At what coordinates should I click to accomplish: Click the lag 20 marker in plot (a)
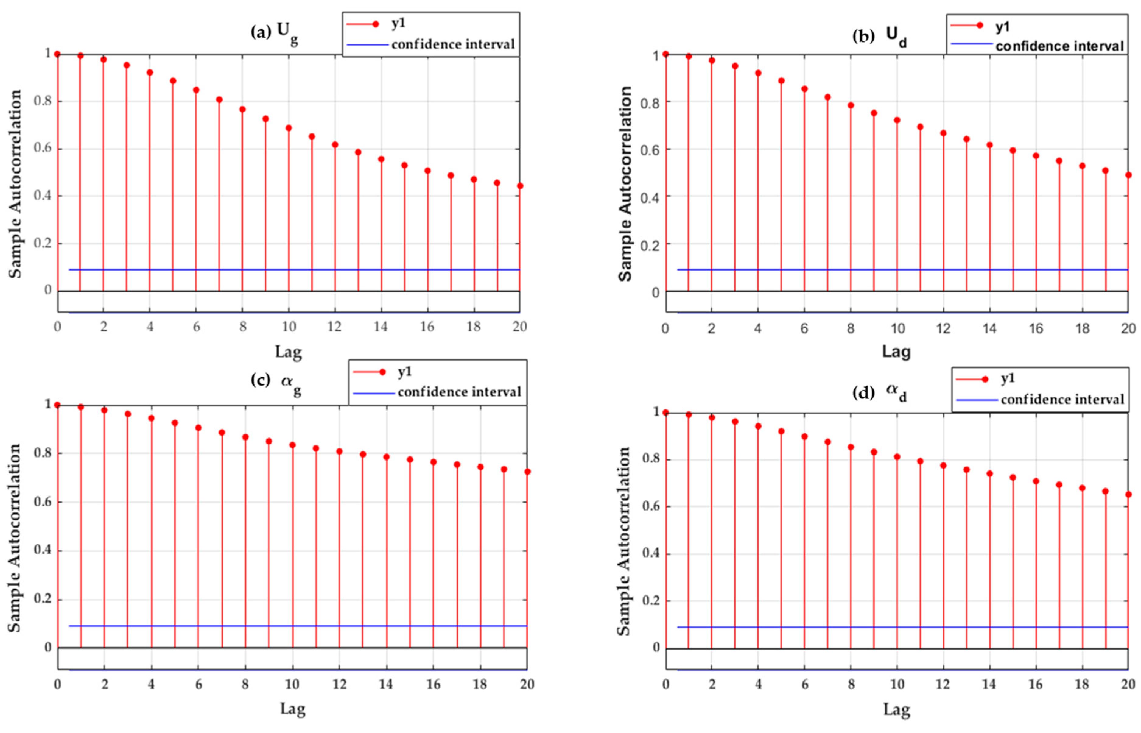click(x=520, y=186)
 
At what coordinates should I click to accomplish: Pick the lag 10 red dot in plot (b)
click(x=897, y=120)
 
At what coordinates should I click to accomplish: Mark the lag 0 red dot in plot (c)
click(x=58, y=405)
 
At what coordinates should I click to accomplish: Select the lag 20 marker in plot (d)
click(x=1128, y=494)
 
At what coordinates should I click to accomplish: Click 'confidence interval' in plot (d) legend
click(x=1062, y=399)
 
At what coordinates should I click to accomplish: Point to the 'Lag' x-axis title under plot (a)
click(x=288, y=352)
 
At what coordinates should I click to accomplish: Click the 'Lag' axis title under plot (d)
click(x=897, y=710)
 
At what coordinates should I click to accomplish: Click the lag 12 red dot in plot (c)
click(x=339, y=451)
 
